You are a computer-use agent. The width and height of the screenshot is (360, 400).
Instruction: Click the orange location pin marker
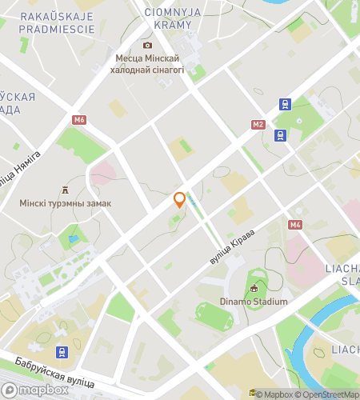tap(180, 200)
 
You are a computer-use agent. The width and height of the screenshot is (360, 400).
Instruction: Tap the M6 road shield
tap(78, 120)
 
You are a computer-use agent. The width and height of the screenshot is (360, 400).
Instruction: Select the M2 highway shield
tap(258, 125)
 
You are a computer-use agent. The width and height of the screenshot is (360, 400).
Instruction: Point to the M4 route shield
tap(296, 225)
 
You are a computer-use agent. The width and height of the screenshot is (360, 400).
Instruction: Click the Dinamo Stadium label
tap(254, 302)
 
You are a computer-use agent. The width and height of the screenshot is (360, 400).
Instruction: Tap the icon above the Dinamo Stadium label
tap(254, 288)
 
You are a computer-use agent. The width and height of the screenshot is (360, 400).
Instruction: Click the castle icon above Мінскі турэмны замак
tap(65, 190)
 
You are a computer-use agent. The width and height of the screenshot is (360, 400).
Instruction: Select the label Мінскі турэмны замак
tap(66, 203)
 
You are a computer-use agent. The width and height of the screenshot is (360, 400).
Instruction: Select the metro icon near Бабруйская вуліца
tap(61, 351)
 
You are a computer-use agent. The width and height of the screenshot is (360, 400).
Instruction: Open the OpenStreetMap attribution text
tap(327, 394)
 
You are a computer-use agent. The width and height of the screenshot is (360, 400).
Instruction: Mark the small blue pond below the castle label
tap(74, 238)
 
